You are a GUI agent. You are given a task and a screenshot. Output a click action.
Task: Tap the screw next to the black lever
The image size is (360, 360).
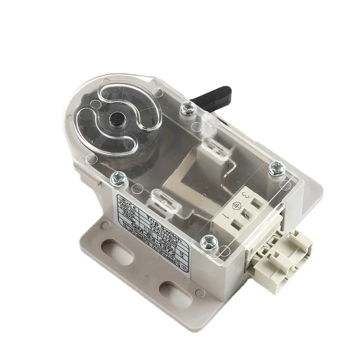[x=188, y=108]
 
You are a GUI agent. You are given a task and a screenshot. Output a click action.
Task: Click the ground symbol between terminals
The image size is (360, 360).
[x=234, y=206]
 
